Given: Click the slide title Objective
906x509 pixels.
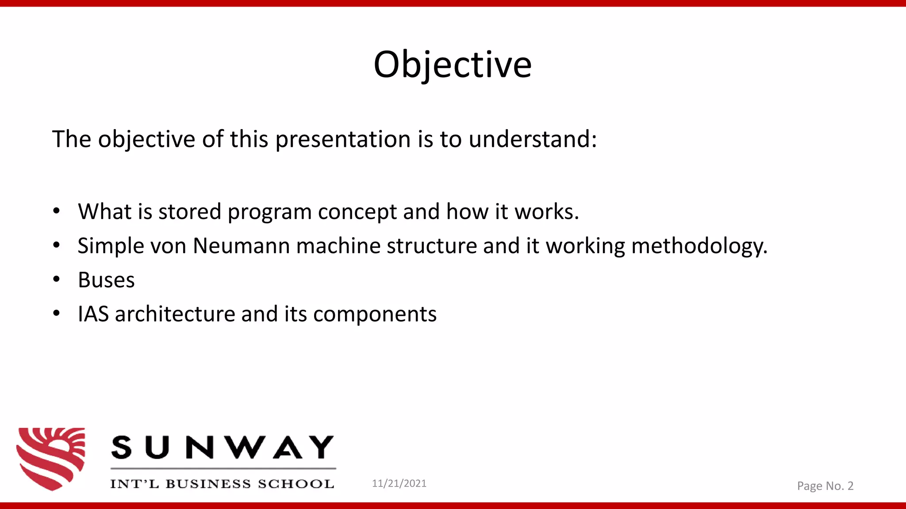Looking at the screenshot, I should tap(452, 65).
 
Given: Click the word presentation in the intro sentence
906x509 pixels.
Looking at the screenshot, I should tap(343, 140).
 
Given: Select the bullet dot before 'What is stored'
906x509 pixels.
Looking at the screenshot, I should tap(56, 211).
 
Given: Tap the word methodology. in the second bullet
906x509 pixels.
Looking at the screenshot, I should tap(699, 247).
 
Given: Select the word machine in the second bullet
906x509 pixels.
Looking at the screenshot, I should tap(338, 246).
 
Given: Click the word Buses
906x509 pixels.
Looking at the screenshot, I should tap(106, 280).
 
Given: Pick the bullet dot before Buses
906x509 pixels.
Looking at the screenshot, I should tap(56, 279).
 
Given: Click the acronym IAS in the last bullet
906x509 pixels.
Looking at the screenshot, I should tap(93, 314).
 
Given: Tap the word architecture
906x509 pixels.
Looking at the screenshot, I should tap(175, 314).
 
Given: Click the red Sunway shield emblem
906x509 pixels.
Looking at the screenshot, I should tap(51, 458).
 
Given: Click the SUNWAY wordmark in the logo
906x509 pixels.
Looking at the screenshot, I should tap(222, 448).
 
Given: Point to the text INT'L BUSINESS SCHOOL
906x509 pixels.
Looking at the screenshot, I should tap(222, 484).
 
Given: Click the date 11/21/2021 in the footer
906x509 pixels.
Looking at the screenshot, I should tap(399, 483).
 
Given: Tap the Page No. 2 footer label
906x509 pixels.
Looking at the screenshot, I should tap(825, 486).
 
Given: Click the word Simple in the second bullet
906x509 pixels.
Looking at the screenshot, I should tap(111, 246).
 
